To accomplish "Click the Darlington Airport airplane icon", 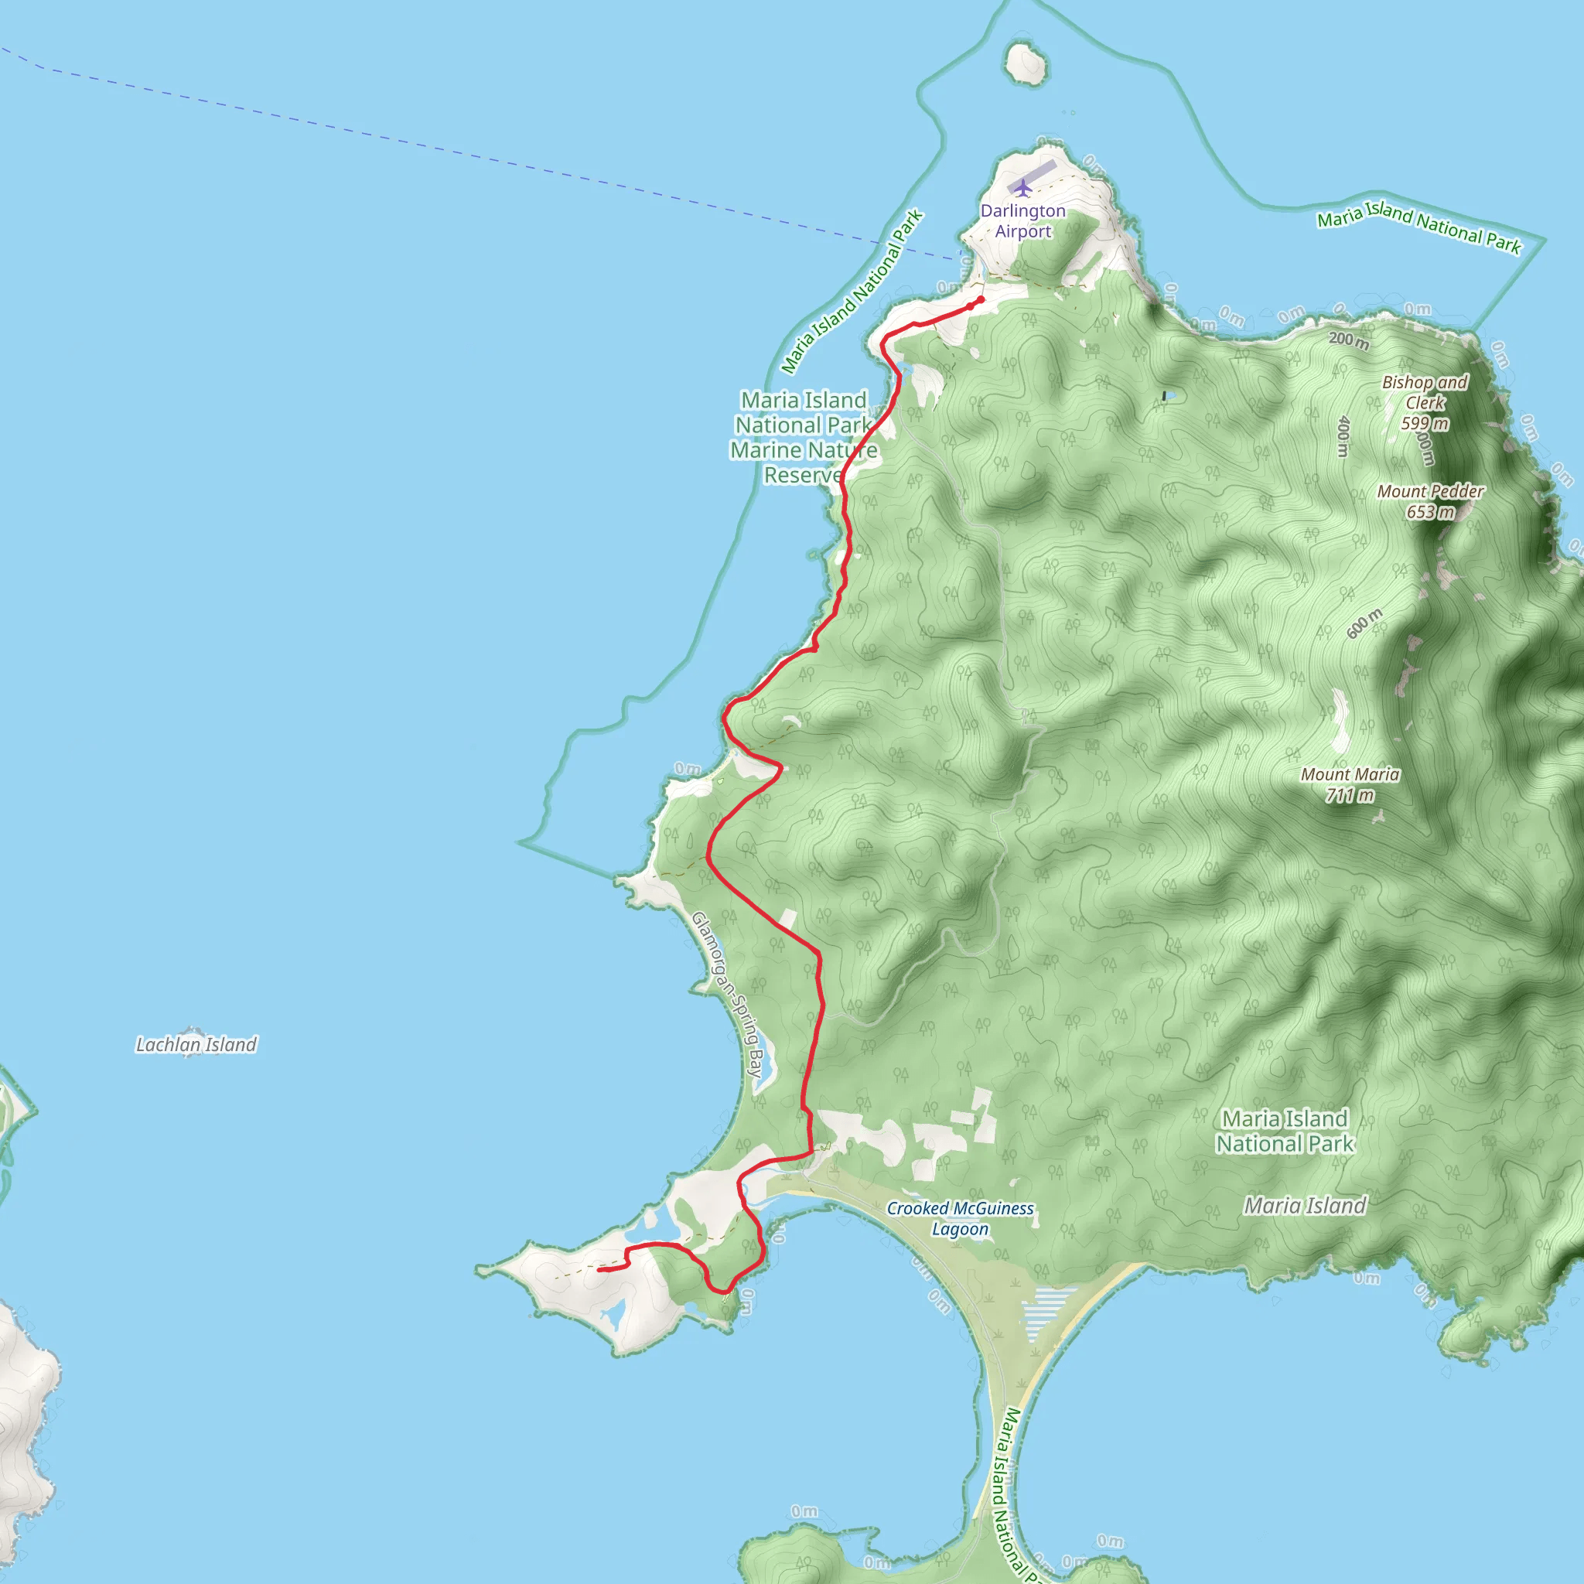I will coord(1022,189).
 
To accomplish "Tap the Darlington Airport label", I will coord(1023,220).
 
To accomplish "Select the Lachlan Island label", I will coord(196,1044).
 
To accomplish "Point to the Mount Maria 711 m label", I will coord(1350,784).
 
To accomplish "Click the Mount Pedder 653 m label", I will coord(1431,501).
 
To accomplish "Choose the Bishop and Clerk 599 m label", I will coord(1425,401).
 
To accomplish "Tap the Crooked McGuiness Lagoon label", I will coord(960,1218).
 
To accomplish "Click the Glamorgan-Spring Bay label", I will coord(727,995).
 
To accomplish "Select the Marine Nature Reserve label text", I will coord(804,463).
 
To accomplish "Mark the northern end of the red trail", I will coord(981,300).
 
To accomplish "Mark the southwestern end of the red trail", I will coord(600,1270).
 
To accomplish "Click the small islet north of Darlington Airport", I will coord(1026,64).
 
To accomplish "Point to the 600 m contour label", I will coord(1364,623).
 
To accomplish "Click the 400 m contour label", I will coord(1343,436).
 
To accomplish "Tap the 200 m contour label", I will coord(1349,340).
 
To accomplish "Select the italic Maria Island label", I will coord(1306,1205).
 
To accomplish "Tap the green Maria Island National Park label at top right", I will coord(1418,227).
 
